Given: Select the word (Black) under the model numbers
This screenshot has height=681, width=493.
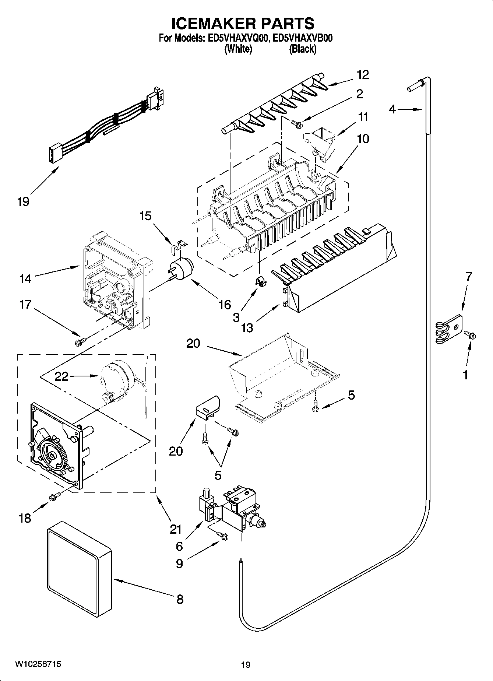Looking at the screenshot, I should click(303, 49).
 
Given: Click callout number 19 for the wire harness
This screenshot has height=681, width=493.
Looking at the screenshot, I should click(23, 201).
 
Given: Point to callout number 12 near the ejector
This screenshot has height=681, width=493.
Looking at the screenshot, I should click(363, 74).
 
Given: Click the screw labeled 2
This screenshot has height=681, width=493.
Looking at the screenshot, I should click(296, 124).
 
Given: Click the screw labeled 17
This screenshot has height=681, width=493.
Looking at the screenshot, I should click(80, 343).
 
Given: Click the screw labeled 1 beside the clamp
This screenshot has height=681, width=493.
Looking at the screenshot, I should click(470, 335).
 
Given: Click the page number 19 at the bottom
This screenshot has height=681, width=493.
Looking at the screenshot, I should click(246, 664).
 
